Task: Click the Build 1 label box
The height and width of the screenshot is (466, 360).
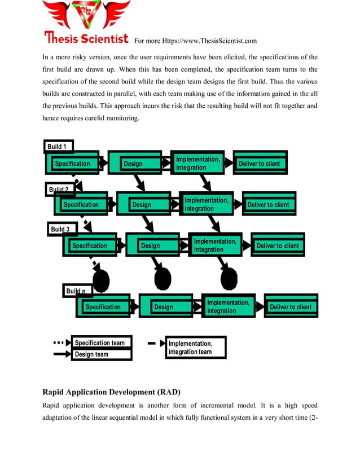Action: coord(58,147)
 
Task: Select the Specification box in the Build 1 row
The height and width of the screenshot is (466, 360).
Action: coord(72,164)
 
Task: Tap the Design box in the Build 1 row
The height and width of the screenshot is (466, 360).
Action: coord(133,164)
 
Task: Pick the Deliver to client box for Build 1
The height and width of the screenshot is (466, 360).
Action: coord(260,164)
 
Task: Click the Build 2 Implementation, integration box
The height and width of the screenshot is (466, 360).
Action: coord(206,205)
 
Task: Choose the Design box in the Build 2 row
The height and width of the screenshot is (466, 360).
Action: coord(142,205)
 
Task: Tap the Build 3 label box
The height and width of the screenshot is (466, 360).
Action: coord(60,229)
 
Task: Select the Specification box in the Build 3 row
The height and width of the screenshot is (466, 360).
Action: coord(90,246)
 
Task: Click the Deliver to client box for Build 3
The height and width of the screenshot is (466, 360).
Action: coord(277,246)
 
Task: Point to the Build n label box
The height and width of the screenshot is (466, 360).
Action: coord(76,291)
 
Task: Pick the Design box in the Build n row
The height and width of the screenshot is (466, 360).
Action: coord(163,307)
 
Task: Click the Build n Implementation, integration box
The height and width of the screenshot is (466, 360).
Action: coord(227,307)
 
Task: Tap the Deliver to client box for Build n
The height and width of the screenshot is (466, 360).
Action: coord(291,307)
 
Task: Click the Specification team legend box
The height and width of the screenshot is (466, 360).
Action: coord(100,343)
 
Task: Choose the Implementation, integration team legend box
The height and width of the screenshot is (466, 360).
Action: coord(195,348)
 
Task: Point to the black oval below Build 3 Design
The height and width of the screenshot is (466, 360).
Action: coord(163,278)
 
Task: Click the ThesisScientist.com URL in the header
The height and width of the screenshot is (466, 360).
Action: coord(195,41)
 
